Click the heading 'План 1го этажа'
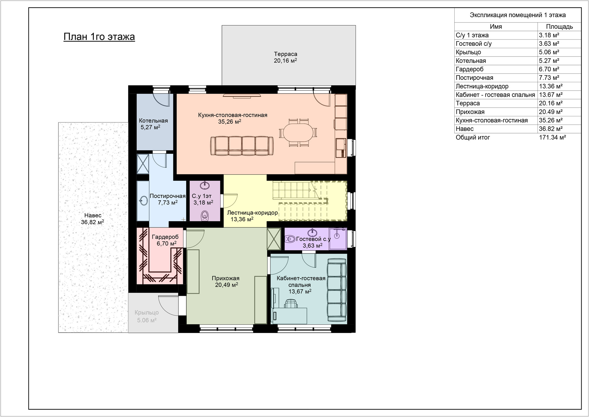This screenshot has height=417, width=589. pyautogui.click(x=99, y=37)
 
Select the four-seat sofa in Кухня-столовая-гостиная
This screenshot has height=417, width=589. pyautogui.click(x=242, y=146)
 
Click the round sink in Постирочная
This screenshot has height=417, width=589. pyautogui.click(x=143, y=201)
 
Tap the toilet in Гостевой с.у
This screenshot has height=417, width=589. pyautogui.click(x=290, y=238)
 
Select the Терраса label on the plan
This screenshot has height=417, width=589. pyautogui.click(x=286, y=54)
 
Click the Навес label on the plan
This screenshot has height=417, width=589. pyautogui.click(x=93, y=215)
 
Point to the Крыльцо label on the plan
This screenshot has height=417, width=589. pyautogui.click(x=147, y=313)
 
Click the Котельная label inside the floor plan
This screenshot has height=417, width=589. pyautogui.click(x=153, y=121)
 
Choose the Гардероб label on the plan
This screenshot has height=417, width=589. pyautogui.click(x=165, y=237)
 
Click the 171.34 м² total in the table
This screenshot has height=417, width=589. pyautogui.click(x=552, y=137)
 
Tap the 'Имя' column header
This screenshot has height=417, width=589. pyautogui.click(x=496, y=27)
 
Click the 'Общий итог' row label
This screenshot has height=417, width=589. pyautogui.click(x=473, y=137)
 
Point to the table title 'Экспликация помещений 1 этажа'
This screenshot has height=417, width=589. pyautogui.click(x=518, y=15)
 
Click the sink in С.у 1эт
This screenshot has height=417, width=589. pyautogui.click(x=205, y=185)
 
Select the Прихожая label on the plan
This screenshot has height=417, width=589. pyautogui.click(x=225, y=278)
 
